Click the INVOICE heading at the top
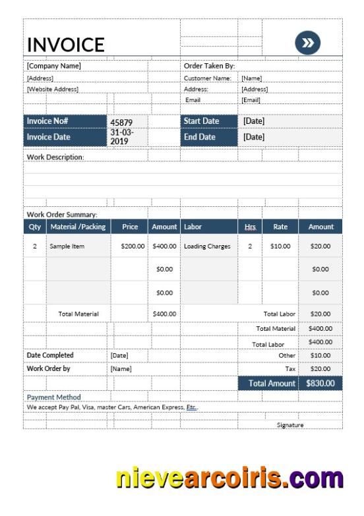click(65, 44)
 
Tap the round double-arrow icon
click(307, 43)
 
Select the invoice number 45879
click(121, 122)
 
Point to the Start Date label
click(201, 121)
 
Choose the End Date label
click(200, 137)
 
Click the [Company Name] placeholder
click(53, 66)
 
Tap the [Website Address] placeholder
click(52, 89)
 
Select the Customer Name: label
click(207, 78)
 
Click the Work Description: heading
click(55, 158)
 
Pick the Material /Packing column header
click(77, 227)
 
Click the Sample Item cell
click(67, 246)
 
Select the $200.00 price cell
click(133, 246)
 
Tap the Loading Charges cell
click(207, 246)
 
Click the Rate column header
click(280, 227)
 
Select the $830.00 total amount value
click(320, 383)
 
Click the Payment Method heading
click(53, 397)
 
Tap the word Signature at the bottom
click(290, 425)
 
